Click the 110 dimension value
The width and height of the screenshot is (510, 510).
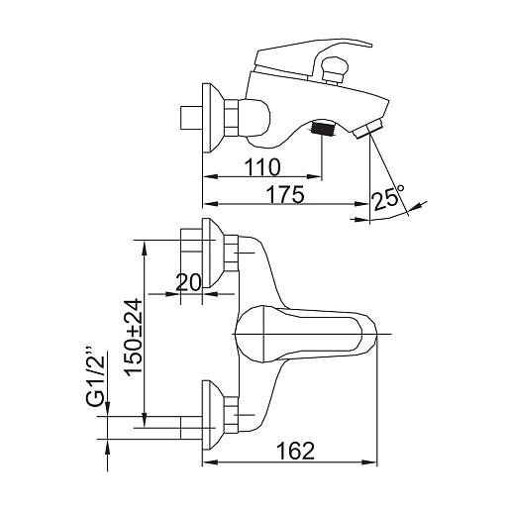click(262, 167)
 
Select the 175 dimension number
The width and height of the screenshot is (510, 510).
click(285, 194)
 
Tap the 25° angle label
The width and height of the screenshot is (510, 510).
click(388, 197)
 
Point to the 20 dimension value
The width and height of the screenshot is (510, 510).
click(188, 282)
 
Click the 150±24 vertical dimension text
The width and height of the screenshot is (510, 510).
click(134, 338)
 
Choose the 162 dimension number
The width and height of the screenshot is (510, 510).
click(295, 451)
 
